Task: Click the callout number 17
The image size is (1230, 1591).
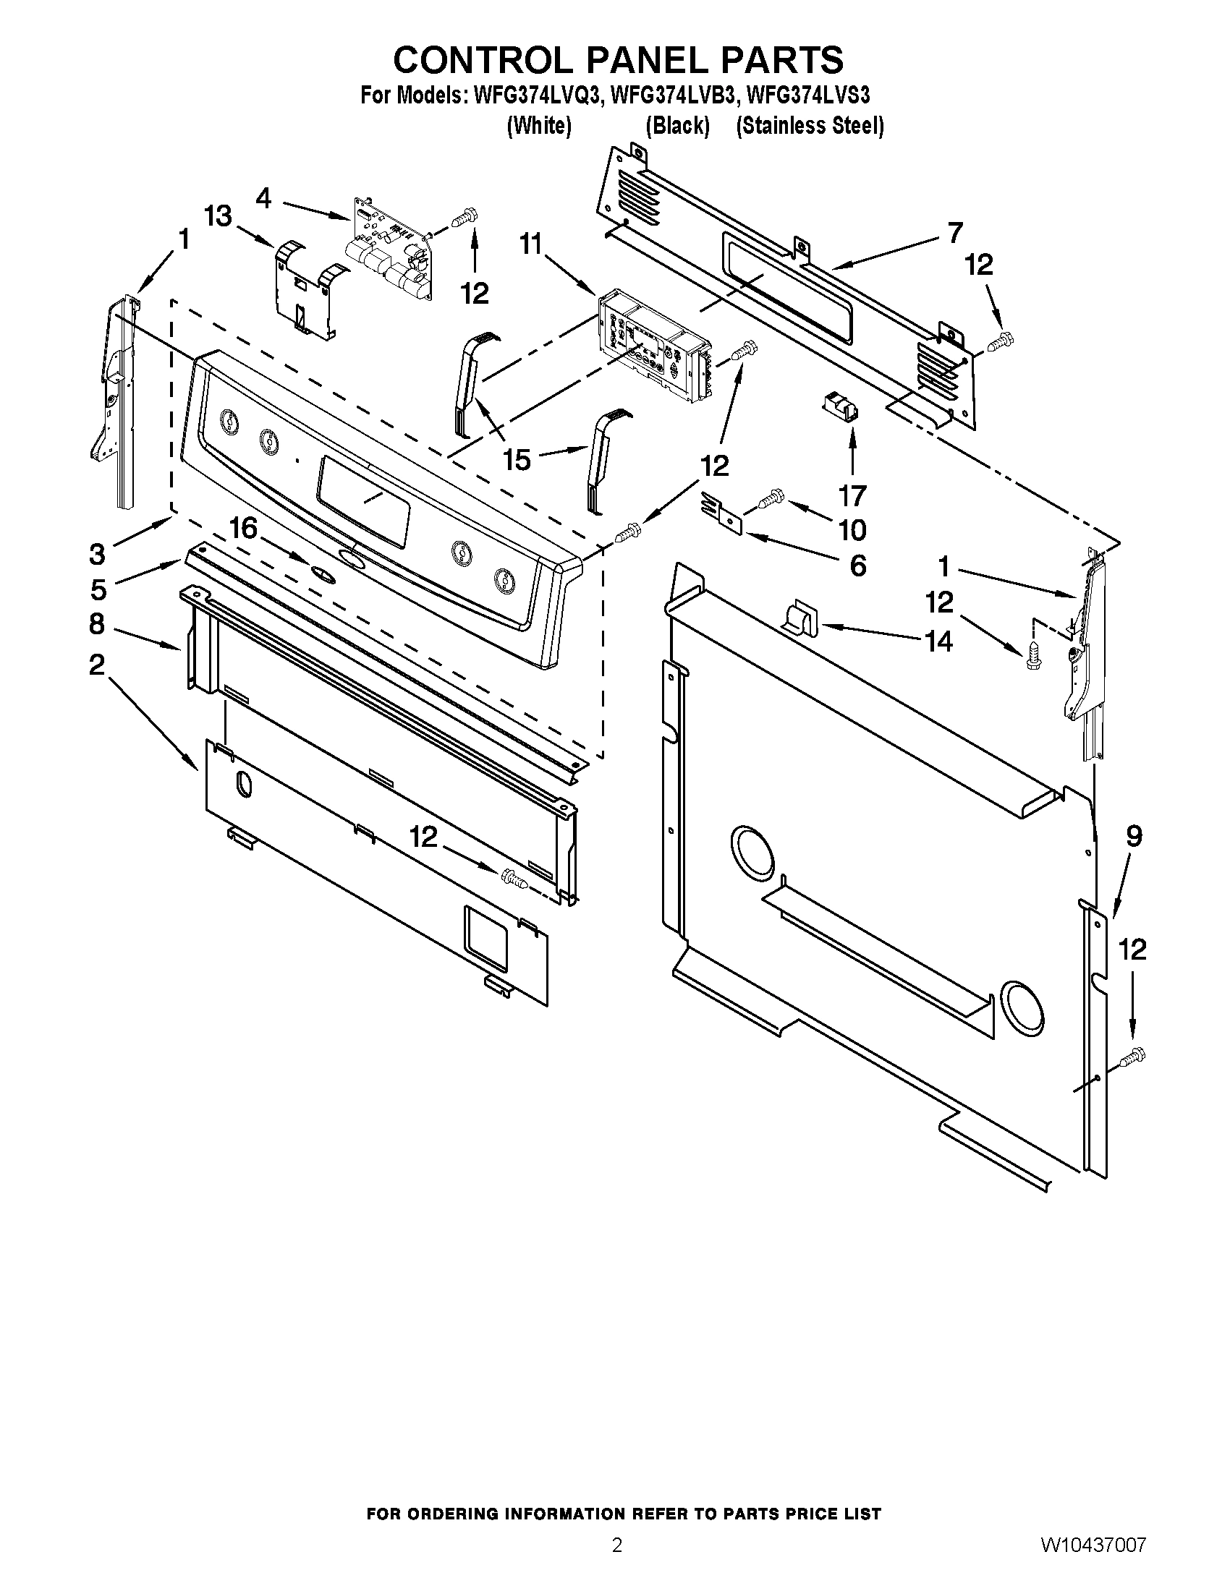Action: [852, 496]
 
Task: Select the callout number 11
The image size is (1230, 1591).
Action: [531, 244]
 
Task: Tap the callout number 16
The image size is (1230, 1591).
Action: [243, 528]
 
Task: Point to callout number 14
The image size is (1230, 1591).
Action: [938, 641]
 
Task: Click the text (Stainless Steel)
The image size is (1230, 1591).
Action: [810, 126]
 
